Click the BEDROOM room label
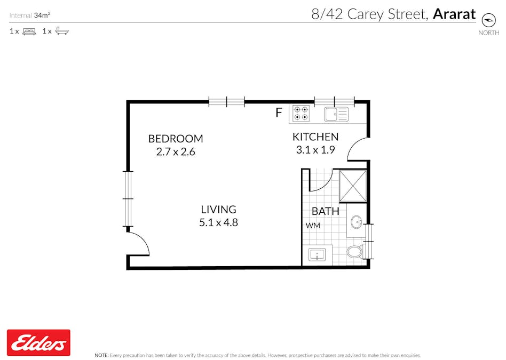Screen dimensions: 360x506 point(176,139)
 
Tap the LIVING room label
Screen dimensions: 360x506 point(218,210)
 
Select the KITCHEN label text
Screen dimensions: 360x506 point(315,137)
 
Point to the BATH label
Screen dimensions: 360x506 point(326,211)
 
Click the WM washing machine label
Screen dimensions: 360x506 point(313,226)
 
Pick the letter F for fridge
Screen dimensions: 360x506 point(278,113)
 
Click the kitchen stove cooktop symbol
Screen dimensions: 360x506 point(301,114)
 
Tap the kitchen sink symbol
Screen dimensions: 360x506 point(336,114)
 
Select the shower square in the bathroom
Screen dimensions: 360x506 point(353,186)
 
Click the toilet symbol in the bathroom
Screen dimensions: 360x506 point(355,251)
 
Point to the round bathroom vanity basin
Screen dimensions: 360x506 point(356,222)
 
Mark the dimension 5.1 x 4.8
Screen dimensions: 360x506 point(218,222)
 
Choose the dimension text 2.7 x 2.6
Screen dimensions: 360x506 point(176,151)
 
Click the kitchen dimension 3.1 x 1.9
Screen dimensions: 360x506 point(315,150)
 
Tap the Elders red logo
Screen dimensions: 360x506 point(38,342)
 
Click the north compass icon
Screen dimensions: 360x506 point(488,20)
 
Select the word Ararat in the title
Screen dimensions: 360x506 point(454,14)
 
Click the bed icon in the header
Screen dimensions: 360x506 point(29,31)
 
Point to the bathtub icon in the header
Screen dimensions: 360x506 point(62,31)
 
